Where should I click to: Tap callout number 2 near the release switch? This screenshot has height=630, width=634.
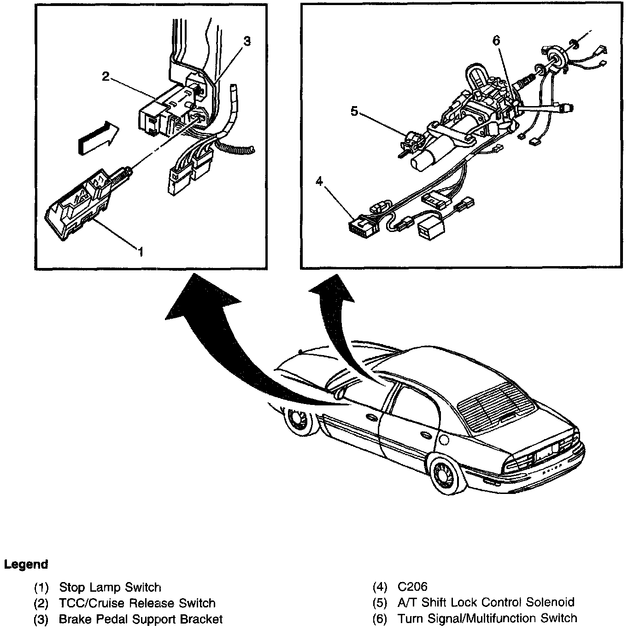[x=106, y=77]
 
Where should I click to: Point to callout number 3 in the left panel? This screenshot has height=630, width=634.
[x=247, y=41]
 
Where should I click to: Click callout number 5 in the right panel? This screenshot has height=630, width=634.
[x=354, y=111]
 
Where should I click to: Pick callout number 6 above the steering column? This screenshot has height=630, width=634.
[x=496, y=41]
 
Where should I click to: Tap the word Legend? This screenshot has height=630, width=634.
[x=26, y=564]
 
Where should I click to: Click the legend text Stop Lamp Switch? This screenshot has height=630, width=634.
[x=110, y=587]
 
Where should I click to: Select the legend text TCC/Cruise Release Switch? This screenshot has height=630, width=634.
[x=137, y=603]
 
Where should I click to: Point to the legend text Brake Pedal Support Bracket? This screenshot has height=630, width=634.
[x=141, y=619]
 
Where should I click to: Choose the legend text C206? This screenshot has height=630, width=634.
[x=412, y=587]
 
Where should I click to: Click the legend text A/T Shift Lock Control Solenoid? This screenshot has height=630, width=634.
[x=486, y=602]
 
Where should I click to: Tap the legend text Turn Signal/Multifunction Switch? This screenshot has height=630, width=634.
[x=487, y=618]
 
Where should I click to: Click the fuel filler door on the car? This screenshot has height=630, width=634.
[x=444, y=440]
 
